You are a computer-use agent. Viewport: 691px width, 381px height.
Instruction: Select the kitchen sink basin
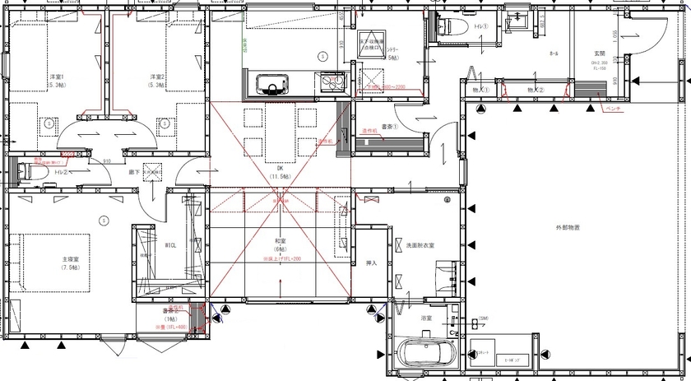click(271, 85)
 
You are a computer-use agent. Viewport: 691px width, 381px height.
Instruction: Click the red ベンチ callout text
click(613, 108)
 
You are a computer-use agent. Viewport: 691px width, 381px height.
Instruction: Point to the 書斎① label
click(390, 128)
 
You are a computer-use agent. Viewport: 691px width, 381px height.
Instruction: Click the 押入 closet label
click(370, 264)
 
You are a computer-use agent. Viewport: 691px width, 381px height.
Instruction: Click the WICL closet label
click(170, 245)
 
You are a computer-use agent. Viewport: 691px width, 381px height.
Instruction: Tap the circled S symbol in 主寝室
click(104, 220)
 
